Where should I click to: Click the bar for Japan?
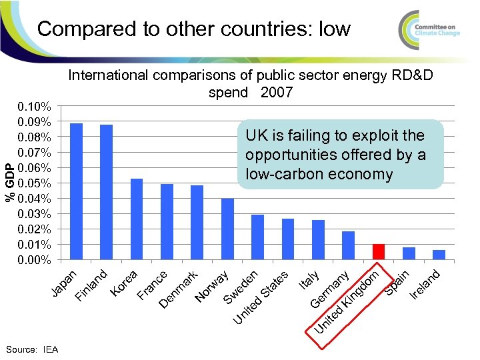point(76,191)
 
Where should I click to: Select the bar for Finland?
point(106,192)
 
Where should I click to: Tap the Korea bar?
point(137,219)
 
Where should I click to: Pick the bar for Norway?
point(227,229)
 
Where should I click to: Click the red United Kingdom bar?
point(379,252)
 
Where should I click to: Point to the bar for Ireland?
point(439,255)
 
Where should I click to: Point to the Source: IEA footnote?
point(31,349)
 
